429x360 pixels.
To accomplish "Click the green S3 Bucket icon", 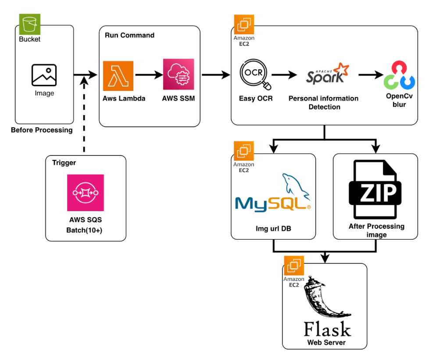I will [30, 24].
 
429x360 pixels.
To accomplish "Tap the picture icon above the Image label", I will [44, 75].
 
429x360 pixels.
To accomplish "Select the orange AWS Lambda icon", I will [118, 76].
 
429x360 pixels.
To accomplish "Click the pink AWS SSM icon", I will [178, 75].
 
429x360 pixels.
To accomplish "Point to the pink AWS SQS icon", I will [86, 193].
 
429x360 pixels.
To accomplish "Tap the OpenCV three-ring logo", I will [399, 76].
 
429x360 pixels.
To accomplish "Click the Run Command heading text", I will [129, 35].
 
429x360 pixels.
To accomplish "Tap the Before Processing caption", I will [42, 130].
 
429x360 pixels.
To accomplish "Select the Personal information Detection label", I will [324, 102].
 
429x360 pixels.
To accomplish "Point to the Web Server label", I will [326, 342].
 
